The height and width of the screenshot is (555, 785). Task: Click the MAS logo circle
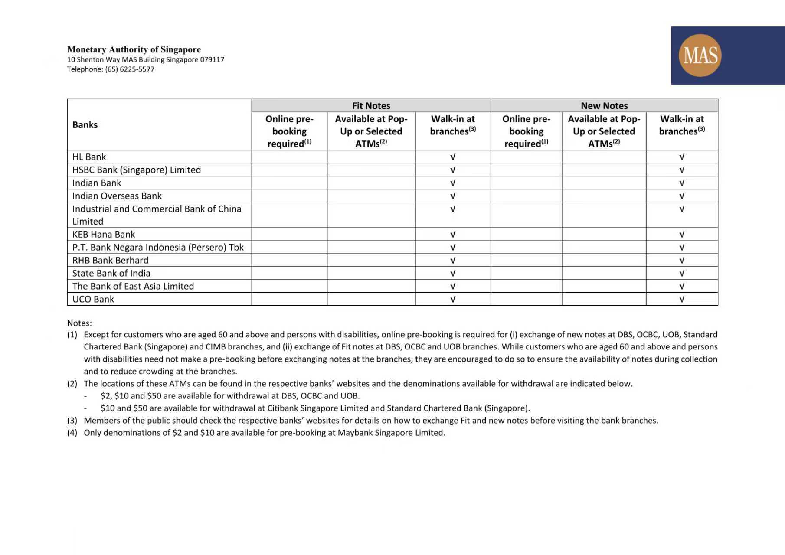click(x=700, y=55)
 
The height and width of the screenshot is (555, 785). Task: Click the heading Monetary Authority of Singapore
click(x=134, y=49)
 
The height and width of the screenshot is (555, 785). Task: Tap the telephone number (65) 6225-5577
click(x=130, y=69)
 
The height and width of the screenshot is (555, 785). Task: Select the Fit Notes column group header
click(x=371, y=106)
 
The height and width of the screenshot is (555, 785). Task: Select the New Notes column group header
click(x=604, y=106)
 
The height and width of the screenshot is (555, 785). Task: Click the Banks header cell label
click(x=85, y=125)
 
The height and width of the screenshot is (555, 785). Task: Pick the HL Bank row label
click(x=89, y=157)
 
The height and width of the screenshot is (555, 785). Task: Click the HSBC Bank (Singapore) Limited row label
click(x=137, y=170)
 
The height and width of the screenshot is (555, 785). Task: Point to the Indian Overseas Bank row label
click(x=117, y=196)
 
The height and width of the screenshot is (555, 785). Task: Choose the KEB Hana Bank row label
click(x=104, y=235)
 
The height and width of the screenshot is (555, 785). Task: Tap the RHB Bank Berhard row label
click(x=110, y=261)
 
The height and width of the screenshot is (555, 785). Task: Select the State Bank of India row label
click(x=111, y=274)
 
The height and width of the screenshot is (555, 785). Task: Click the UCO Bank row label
click(x=93, y=300)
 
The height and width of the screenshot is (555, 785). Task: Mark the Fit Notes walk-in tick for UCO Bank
click(x=453, y=300)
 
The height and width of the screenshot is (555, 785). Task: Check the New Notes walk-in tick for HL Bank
click(x=682, y=157)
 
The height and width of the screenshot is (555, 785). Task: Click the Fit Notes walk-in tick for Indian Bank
click(x=453, y=183)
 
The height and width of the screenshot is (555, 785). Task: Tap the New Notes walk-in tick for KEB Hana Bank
click(x=682, y=235)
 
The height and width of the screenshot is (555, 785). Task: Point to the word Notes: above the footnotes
click(x=79, y=323)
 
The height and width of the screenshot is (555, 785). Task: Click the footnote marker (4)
click(x=72, y=433)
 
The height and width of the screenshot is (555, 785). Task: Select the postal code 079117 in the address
click(x=212, y=60)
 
